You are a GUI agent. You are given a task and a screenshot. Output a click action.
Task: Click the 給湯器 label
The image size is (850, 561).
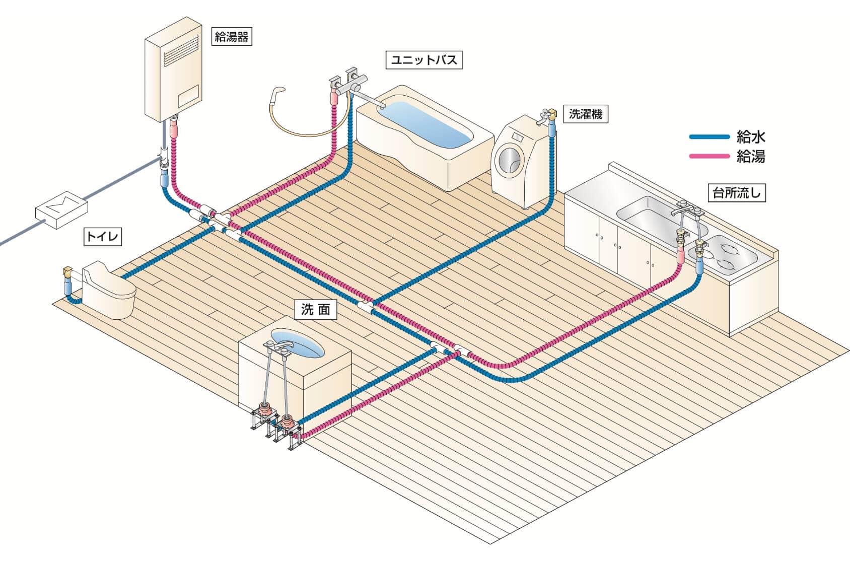pyautogui.click(x=232, y=36)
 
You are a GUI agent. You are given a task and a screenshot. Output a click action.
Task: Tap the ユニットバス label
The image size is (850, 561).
pyautogui.click(x=424, y=60)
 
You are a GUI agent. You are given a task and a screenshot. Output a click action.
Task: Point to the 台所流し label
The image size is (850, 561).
pyautogui.click(x=737, y=192)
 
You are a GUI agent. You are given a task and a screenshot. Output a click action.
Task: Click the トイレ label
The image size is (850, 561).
pyautogui.click(x=103, y=236)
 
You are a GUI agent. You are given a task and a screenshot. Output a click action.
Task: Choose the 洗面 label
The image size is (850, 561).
pyautogui.click(x=316, y=310)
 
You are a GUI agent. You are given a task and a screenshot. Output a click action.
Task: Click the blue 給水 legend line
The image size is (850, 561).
pyautogui.click(x=709, y=136)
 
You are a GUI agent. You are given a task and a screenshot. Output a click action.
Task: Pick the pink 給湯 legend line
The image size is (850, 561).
pyautogui.click(x=709, y=157)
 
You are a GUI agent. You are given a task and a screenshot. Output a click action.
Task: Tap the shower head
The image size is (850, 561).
pyautogui.click(x=277, y=93)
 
